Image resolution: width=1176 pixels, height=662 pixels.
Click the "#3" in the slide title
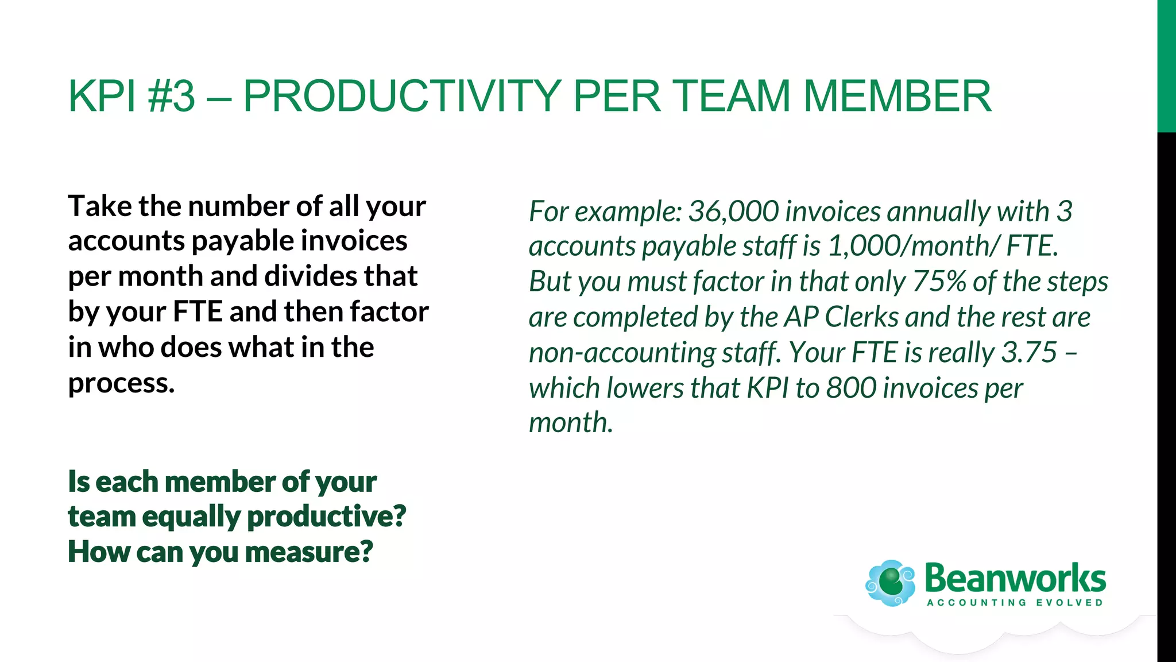click(171, 96)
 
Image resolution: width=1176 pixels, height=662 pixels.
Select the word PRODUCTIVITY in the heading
click(401, 96)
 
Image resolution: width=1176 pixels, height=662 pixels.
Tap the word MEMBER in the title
click(897, 96)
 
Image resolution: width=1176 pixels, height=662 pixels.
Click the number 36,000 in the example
click(733, 211)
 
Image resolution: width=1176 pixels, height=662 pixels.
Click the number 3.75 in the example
click(1029, 352)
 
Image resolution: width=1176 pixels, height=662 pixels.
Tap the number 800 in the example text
click(851, 388)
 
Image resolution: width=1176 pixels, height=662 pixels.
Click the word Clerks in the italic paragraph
click(861, 317)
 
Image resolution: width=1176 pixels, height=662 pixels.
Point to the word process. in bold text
click(121, 383)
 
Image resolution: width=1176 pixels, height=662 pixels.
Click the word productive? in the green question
click(326, 517)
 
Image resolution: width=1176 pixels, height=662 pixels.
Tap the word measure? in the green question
click(309, 552)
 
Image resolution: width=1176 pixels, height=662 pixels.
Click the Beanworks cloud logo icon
click(891, 583)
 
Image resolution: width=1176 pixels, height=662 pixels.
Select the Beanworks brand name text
click(1015, 578)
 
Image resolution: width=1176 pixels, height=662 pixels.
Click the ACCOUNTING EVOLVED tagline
click(1015, 603)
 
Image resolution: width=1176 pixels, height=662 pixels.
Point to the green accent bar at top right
click(1166, 66)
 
